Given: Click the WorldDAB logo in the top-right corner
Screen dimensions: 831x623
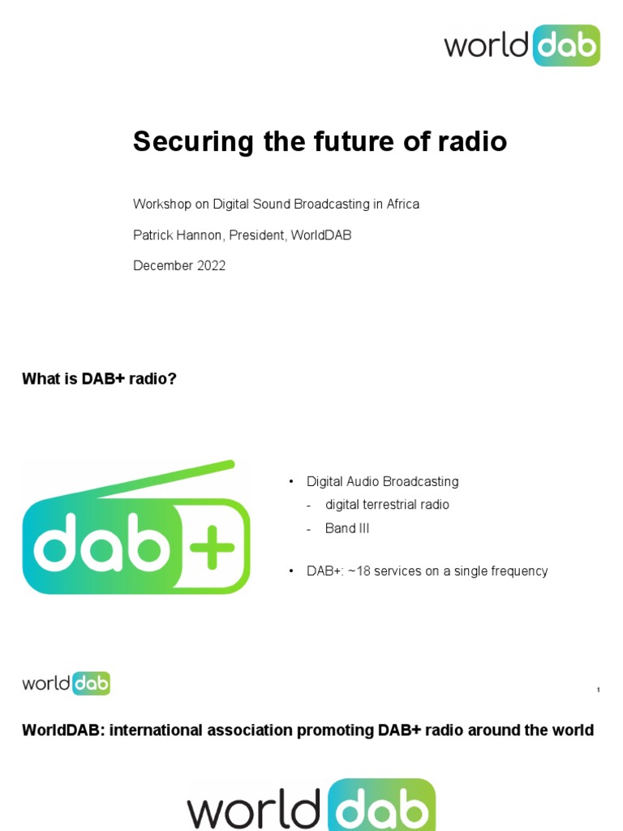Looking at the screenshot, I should click(522, 45).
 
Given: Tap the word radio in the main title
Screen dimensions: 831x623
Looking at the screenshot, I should click(475, 142).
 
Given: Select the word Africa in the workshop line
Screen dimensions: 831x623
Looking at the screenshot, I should click(402, 205).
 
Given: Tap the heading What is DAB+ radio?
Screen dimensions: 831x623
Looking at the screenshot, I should click(99, 379).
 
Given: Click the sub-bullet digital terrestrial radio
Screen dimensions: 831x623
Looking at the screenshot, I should click(387, 505).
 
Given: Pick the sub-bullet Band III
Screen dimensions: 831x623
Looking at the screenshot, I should click(347, 528).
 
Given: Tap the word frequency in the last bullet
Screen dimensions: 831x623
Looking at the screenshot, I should click(519, 571).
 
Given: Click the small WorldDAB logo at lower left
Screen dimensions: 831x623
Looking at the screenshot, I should click(66, 683).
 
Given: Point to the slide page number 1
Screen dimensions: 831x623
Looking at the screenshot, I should click(598, 690).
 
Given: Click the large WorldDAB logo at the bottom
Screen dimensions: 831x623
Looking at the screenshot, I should click(311, 807).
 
